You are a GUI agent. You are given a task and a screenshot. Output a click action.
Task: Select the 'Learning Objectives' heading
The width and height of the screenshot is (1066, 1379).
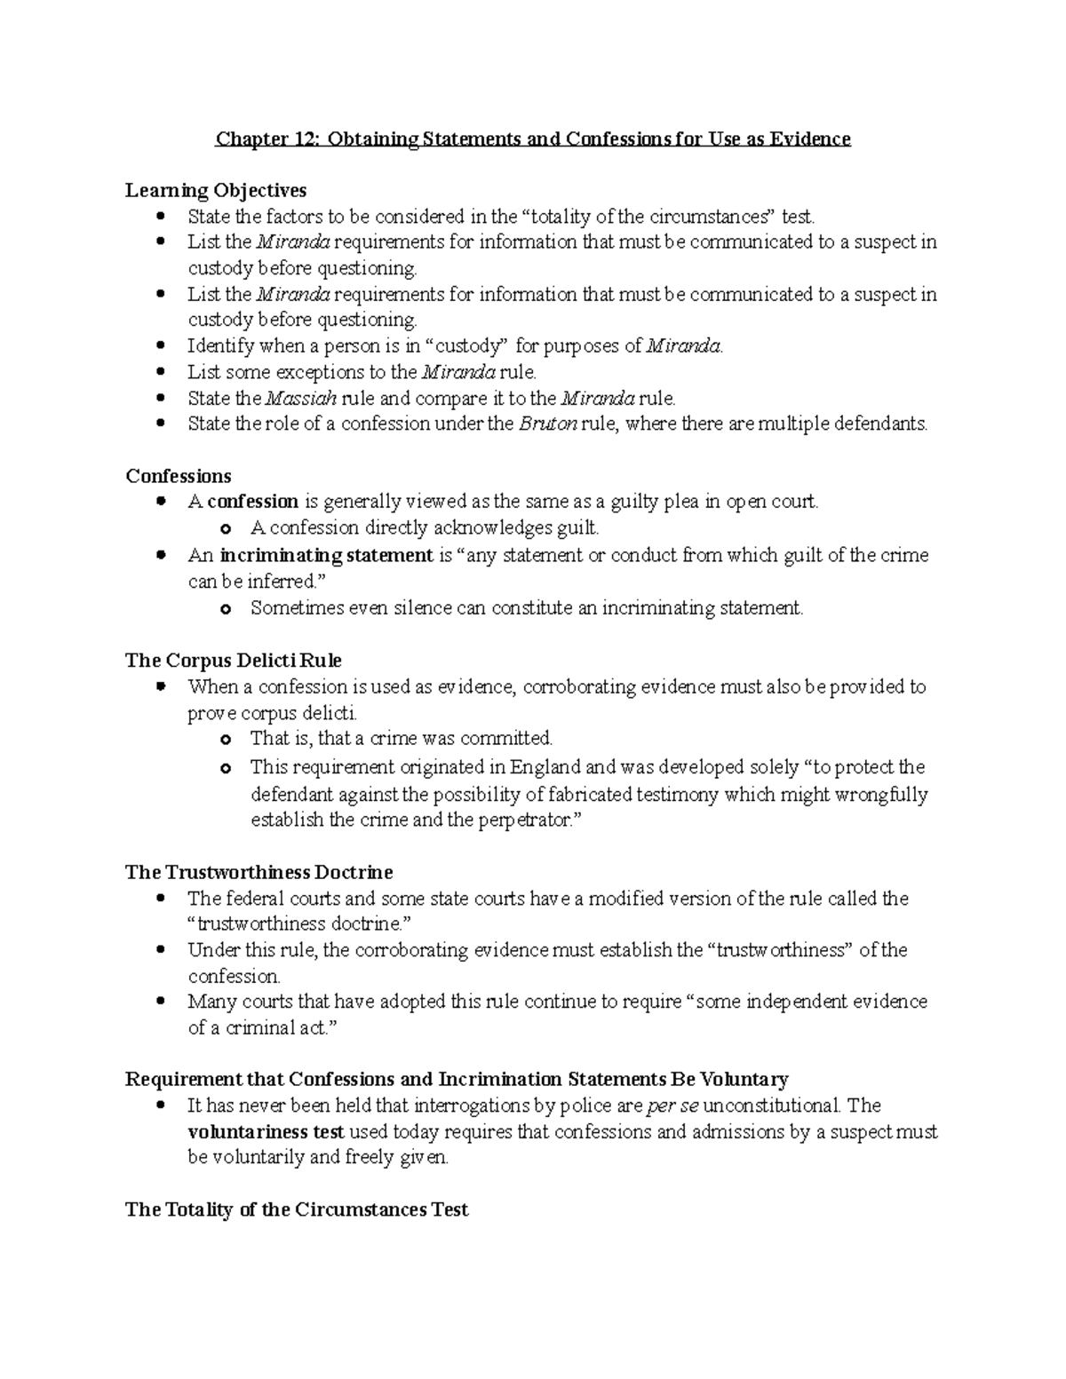click(x=216, y=190)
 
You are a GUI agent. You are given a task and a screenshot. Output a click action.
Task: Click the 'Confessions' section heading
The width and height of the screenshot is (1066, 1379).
click(x=179, y=476)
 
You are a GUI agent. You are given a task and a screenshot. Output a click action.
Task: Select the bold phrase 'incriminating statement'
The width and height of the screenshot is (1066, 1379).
click(x=326, y=556)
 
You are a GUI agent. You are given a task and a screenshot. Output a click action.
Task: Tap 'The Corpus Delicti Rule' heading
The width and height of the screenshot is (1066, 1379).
click(x=234, y=661)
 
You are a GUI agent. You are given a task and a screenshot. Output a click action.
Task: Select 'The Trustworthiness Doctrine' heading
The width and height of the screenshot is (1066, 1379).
click(x=259, y=872)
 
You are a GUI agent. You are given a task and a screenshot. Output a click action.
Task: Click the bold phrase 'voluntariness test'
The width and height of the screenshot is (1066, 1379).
click(x=266, y=1132)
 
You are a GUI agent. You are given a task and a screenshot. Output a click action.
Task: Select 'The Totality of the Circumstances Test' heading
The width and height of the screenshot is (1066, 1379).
click(x=297, y=1209)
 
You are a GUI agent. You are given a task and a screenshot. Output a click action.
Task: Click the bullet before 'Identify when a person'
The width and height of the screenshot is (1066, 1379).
click(x=160, y=346)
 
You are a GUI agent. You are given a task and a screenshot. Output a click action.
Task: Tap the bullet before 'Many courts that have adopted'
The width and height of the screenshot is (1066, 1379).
click(x=160, y=1002)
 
